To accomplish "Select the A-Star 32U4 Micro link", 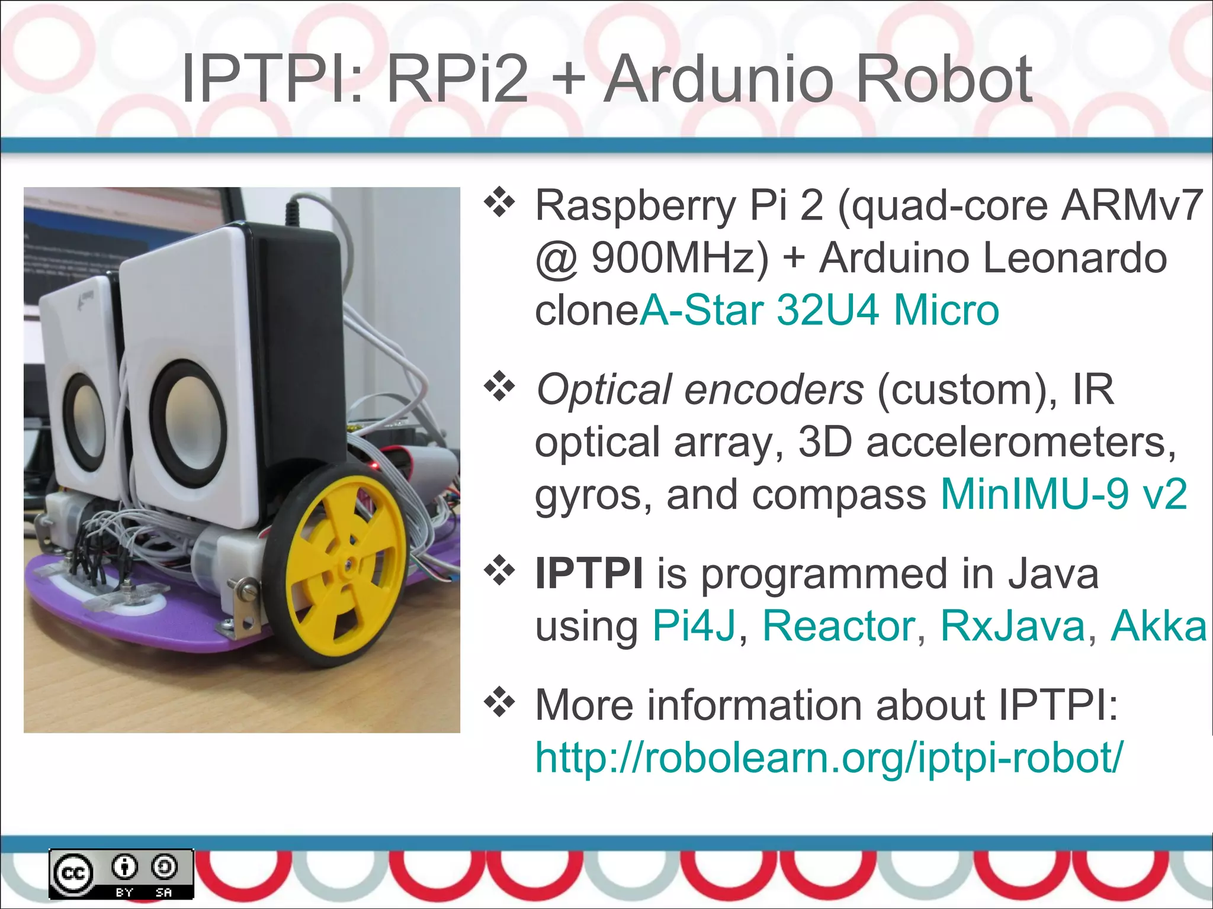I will (820, 310).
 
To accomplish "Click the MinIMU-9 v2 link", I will (1064, 494).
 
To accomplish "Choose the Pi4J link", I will (694, 626).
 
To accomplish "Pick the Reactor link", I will (839, 626).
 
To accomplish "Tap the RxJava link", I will (1013, 626).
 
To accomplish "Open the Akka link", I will (1159, 626).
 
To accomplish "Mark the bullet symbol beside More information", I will (500, 703).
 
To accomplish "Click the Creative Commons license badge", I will (121, 873).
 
